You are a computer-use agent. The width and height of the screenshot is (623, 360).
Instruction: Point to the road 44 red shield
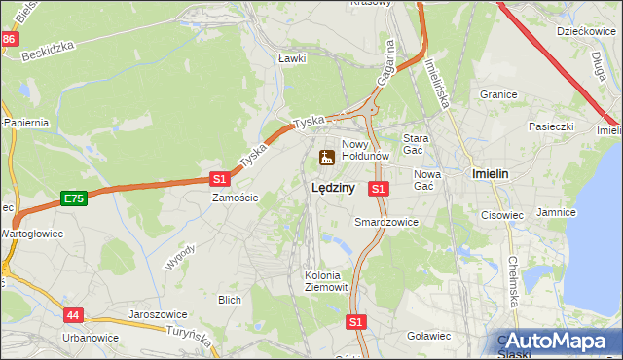[x=75, y=315]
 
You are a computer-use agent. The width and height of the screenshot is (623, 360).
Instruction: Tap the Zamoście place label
[x=236, y=198]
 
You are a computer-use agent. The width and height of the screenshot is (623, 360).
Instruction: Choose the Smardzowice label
[x=386, y=222]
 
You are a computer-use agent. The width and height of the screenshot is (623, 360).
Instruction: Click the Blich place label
[x=230, y=300]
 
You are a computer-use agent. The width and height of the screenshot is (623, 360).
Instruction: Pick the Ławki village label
[x=292, y=58]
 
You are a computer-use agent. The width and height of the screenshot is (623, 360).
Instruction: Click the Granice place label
[x=497, y=95]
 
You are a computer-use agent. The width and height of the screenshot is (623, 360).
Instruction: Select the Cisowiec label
[x=502, y=215]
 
